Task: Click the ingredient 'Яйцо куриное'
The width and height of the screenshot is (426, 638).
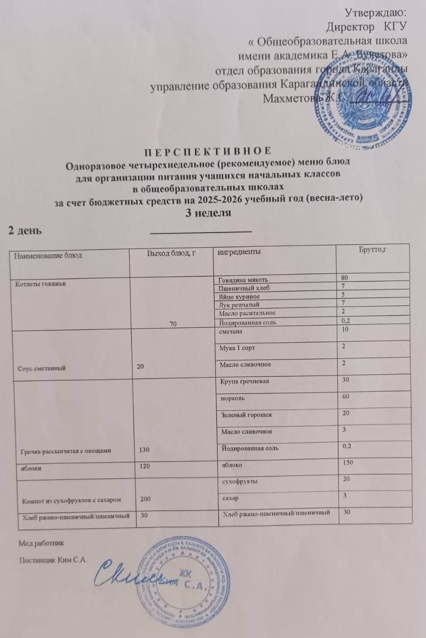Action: [239, 297]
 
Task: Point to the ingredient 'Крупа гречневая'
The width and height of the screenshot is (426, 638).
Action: [243, 381]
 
